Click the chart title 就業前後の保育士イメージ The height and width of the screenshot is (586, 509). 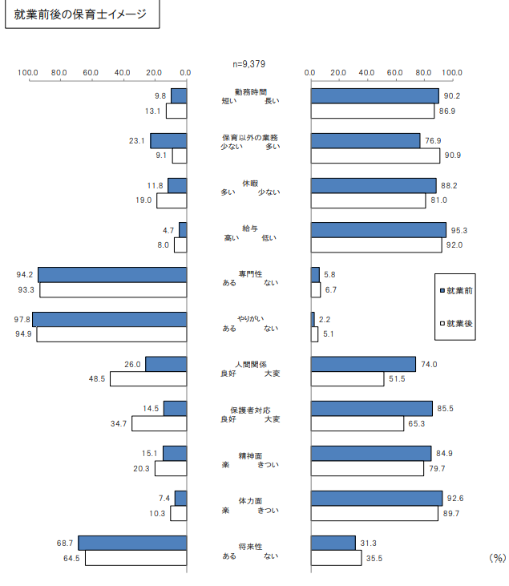tap(80, 15)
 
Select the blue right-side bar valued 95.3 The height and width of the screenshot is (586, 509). tap(378, 230)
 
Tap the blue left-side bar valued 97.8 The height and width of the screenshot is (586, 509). tap(109, 319)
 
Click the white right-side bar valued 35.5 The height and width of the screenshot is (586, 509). tap(336, 557)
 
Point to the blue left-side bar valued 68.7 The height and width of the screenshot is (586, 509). tap(132, 543)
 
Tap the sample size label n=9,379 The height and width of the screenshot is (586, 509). tap(248, 63)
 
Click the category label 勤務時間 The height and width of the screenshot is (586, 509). tap(250, 92)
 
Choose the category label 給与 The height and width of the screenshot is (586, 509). tap(250, 228)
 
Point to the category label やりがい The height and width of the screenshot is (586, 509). tap(250, 318)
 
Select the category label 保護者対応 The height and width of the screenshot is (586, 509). tap(250, 409)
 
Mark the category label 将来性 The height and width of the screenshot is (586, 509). tap(250, 546)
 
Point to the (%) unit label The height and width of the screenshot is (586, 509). tap(496, 556)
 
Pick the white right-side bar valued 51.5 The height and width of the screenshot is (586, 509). tap(347, 378)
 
